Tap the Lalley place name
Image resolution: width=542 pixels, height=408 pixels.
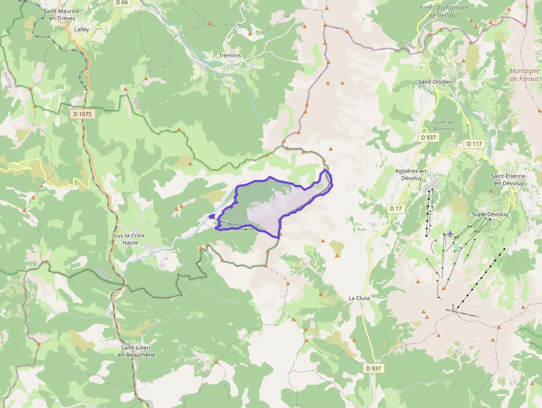[81, 29]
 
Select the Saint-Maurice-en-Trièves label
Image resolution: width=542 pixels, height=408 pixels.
[62, 15]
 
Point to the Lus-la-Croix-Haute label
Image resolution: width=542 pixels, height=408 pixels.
[129, 239]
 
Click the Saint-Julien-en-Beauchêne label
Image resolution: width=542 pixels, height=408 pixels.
[137, 351]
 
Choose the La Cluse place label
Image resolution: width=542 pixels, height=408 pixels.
[359, 298]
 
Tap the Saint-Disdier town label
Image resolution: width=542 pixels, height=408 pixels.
[434, 82]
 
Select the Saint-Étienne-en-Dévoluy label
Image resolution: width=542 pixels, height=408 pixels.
[508, 179]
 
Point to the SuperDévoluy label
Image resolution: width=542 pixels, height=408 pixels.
[489, 214]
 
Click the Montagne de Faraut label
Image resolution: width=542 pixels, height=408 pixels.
[524, 75]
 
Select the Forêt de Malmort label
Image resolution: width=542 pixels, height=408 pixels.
[444, 125]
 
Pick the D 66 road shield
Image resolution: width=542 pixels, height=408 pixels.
[122, 3]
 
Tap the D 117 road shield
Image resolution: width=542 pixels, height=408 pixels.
[474, 144]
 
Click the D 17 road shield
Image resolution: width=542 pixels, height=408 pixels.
[395, 208]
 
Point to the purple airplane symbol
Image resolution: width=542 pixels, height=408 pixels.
[451, 234]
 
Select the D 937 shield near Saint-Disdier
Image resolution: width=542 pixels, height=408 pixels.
[429, 137]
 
